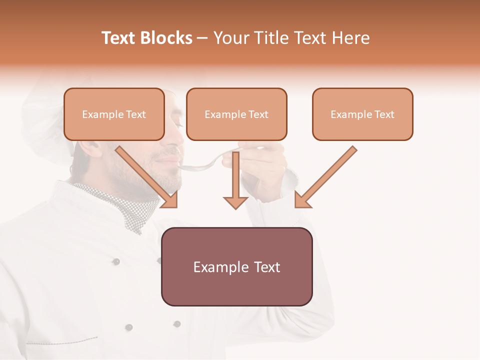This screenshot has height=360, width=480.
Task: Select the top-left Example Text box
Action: [x=114, y=114]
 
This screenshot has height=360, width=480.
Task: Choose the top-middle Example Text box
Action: [x=236, y=114]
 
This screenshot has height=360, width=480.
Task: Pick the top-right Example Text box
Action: [x=362, y=114]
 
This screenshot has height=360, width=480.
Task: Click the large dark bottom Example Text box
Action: [x=236, y=266]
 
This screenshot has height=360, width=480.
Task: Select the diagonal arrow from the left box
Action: [x=147, y=177]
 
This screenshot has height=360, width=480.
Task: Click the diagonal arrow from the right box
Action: [x=325, y=177]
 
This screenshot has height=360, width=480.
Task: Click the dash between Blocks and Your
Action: [x=202, y=38]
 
